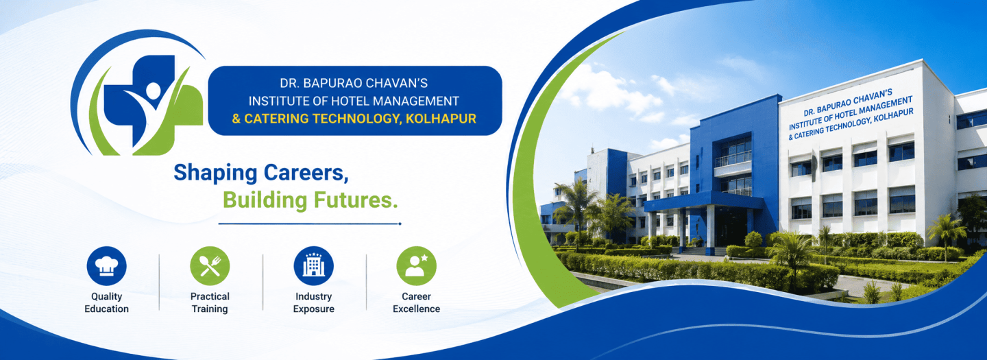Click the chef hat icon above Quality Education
[x=107, y=265]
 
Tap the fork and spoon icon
[x=210, y=265]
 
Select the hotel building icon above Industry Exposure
[x=314, y=265]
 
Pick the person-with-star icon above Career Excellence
[x=417, y=265]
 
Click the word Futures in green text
[x=356, y=200]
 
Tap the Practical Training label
[x=210, y=302]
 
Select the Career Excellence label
[x=417, y=302]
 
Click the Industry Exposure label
[x=314, y=302]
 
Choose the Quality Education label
[x=107, y=302]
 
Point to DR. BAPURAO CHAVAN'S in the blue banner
[x=354, y=83]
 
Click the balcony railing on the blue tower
[x=733, y=158]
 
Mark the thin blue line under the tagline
[x=310, y=224]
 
